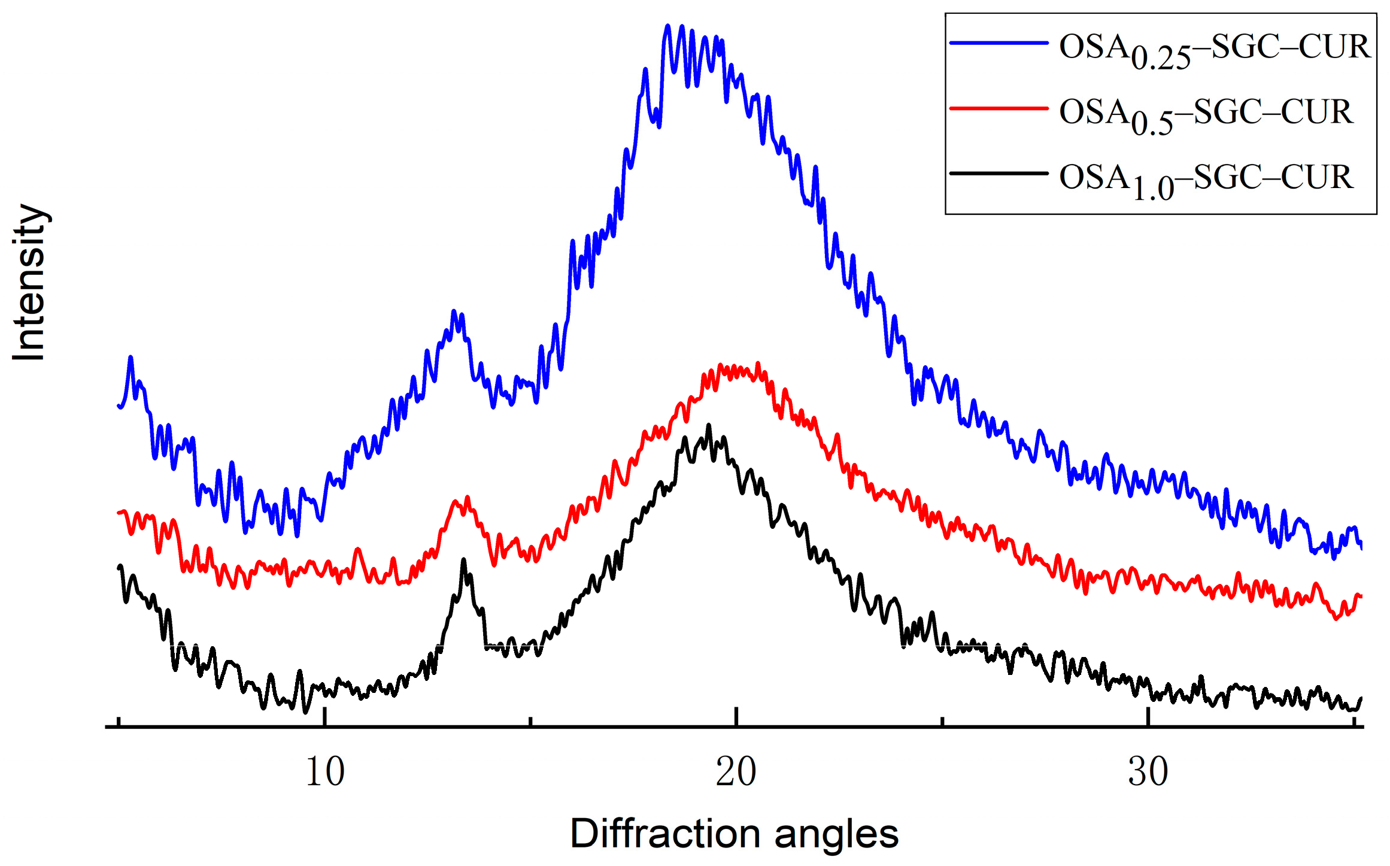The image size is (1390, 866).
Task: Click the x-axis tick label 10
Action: tap(325, 772)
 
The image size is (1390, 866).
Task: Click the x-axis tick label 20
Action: tap(736, 772)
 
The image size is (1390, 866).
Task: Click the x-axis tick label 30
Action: tap(1148, 772)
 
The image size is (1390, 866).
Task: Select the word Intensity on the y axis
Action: tap(29, 283)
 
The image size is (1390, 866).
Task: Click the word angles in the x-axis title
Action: tap(836, 834)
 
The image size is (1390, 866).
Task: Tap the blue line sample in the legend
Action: tap(999, 43)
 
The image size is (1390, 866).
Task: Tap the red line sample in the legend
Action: tap(999, 108)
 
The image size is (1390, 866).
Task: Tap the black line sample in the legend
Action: tap(999, 174)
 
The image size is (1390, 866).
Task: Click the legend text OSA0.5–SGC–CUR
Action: tap(1205, 114)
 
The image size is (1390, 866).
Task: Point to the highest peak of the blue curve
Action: tap(668, 26)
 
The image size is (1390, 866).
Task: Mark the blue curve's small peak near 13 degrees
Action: tap(454, 311)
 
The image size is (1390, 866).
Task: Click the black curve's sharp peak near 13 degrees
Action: tap(463, 559)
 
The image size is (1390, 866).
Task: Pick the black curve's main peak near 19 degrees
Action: tap(709, 426)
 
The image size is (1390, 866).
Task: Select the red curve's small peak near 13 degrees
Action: tap(468, 497)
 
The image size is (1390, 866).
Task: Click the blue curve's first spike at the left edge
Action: tap(130, 358)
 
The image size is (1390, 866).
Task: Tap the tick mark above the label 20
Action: tap(736, 717)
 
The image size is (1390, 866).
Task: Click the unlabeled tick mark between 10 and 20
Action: tap(530, 721)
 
